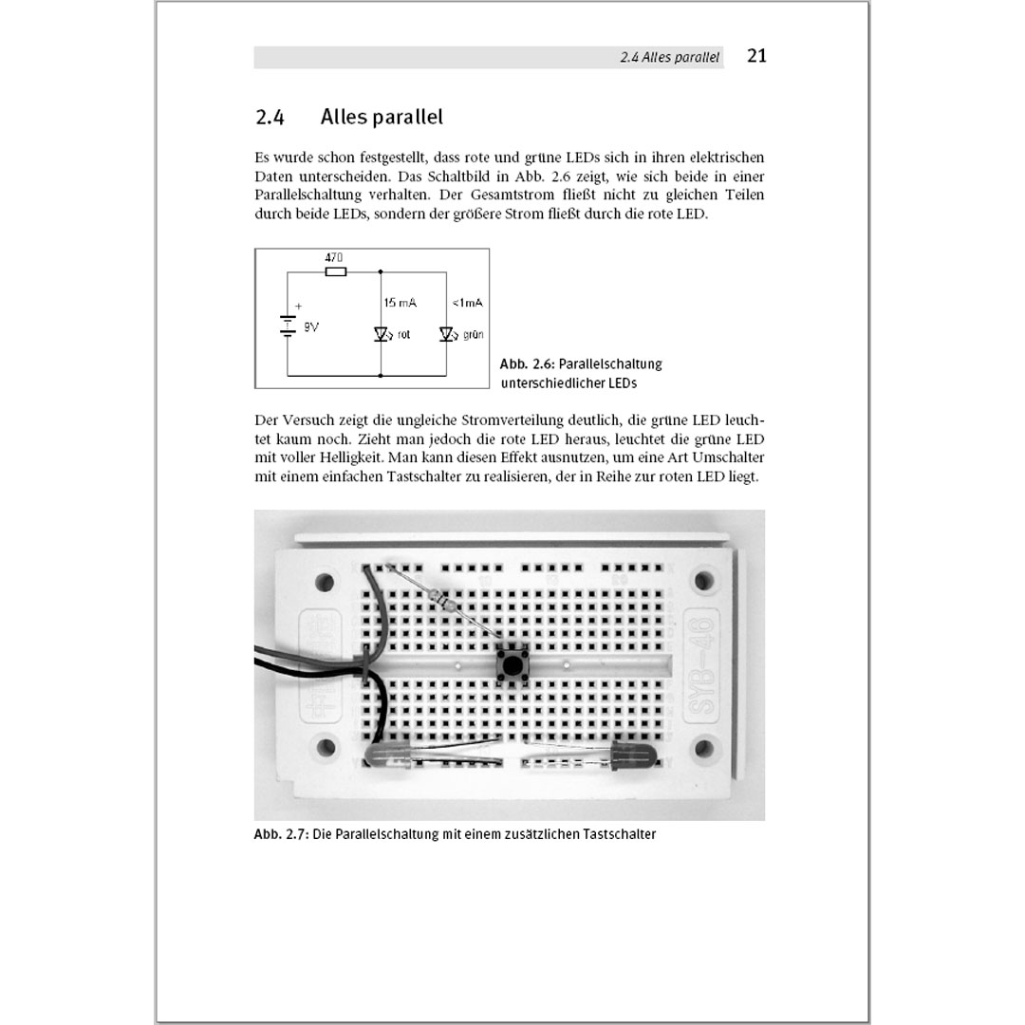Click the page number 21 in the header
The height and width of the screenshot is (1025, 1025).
[756, 56]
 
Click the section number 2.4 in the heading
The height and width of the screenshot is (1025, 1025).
[270, 118]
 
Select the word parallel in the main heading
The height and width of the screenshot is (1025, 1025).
[409, 118]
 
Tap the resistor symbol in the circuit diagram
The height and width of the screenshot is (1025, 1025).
[335, 271]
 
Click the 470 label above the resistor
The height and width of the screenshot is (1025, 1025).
[334, 258]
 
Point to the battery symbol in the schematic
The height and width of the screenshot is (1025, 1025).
[287, 326]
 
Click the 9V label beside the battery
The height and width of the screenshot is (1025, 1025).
[311, 326]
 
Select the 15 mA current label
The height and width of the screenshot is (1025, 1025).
[401, 303]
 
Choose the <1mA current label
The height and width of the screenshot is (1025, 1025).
[467, 303]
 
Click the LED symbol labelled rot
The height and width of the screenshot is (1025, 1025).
[382, 334]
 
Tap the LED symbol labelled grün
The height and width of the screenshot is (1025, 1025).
[446, 334]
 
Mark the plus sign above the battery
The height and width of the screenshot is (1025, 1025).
[298, 307]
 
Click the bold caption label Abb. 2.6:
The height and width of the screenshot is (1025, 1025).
[527, 364]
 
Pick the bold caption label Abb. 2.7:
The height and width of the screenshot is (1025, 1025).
[281, 835]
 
